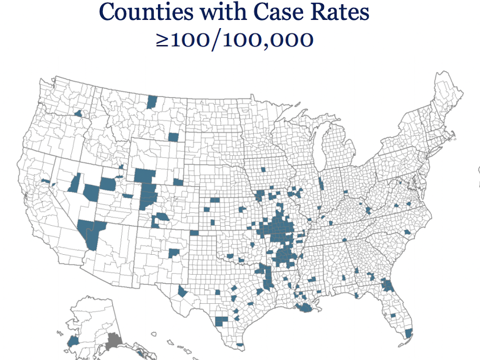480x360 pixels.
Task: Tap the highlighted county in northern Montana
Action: (x=152, y=102)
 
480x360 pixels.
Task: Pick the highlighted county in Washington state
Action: (x=78, y=113)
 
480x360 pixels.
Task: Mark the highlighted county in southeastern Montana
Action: (x=173, y=137)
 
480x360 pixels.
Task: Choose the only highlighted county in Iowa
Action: (x=263, y=170)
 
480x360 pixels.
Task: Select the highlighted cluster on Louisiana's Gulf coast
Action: (x=305, y=308)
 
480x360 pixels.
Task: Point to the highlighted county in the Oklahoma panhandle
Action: (x=194, y=232)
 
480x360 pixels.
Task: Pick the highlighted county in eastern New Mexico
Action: (x=173, y=253)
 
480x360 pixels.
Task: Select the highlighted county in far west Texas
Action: (x=182, y=292)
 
